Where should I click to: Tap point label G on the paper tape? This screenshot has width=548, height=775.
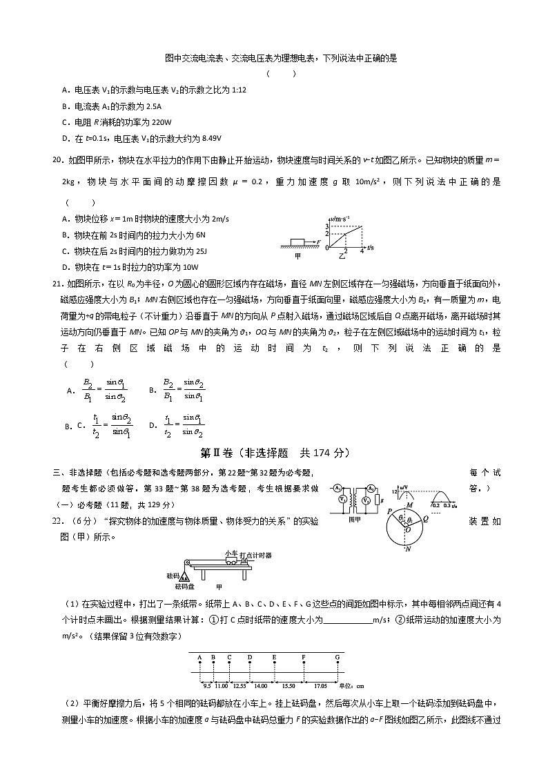click(x=337, y=657)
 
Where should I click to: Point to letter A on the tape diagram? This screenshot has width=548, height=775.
click(x=199, y=657)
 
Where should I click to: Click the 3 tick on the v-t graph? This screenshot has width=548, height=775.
click(x=329, y=226)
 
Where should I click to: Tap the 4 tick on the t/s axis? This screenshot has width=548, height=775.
click(x=362, y=251)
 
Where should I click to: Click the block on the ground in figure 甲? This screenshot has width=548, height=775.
click(x=297, y=242)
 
